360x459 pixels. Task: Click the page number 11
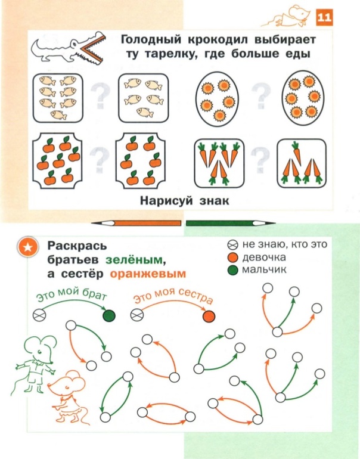tap(325, 17)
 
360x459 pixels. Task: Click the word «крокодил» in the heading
tap(217, 39)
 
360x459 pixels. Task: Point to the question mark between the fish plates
tap(100, 96)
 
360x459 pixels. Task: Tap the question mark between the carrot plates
tap(260, 160)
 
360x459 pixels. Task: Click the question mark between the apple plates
tap(100, 160)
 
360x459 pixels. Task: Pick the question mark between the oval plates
tap(261, 96)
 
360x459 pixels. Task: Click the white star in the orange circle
tap(28, 247)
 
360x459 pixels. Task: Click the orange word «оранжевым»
tap(148, 274)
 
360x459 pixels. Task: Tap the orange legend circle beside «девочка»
tap(232, 258)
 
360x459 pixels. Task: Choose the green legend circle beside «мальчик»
tap(232, 271)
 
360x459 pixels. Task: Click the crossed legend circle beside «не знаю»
tap(232, 245)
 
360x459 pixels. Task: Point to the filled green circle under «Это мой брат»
tap(109, 315)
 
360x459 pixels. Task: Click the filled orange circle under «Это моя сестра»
tap(209, 316)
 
